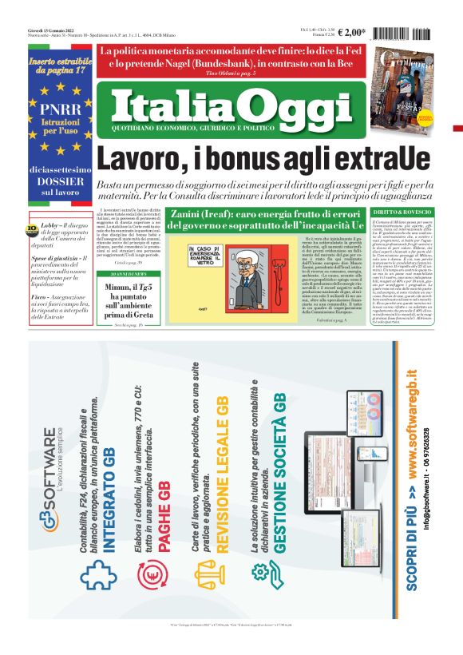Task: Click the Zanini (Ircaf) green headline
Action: pos(263,221)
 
